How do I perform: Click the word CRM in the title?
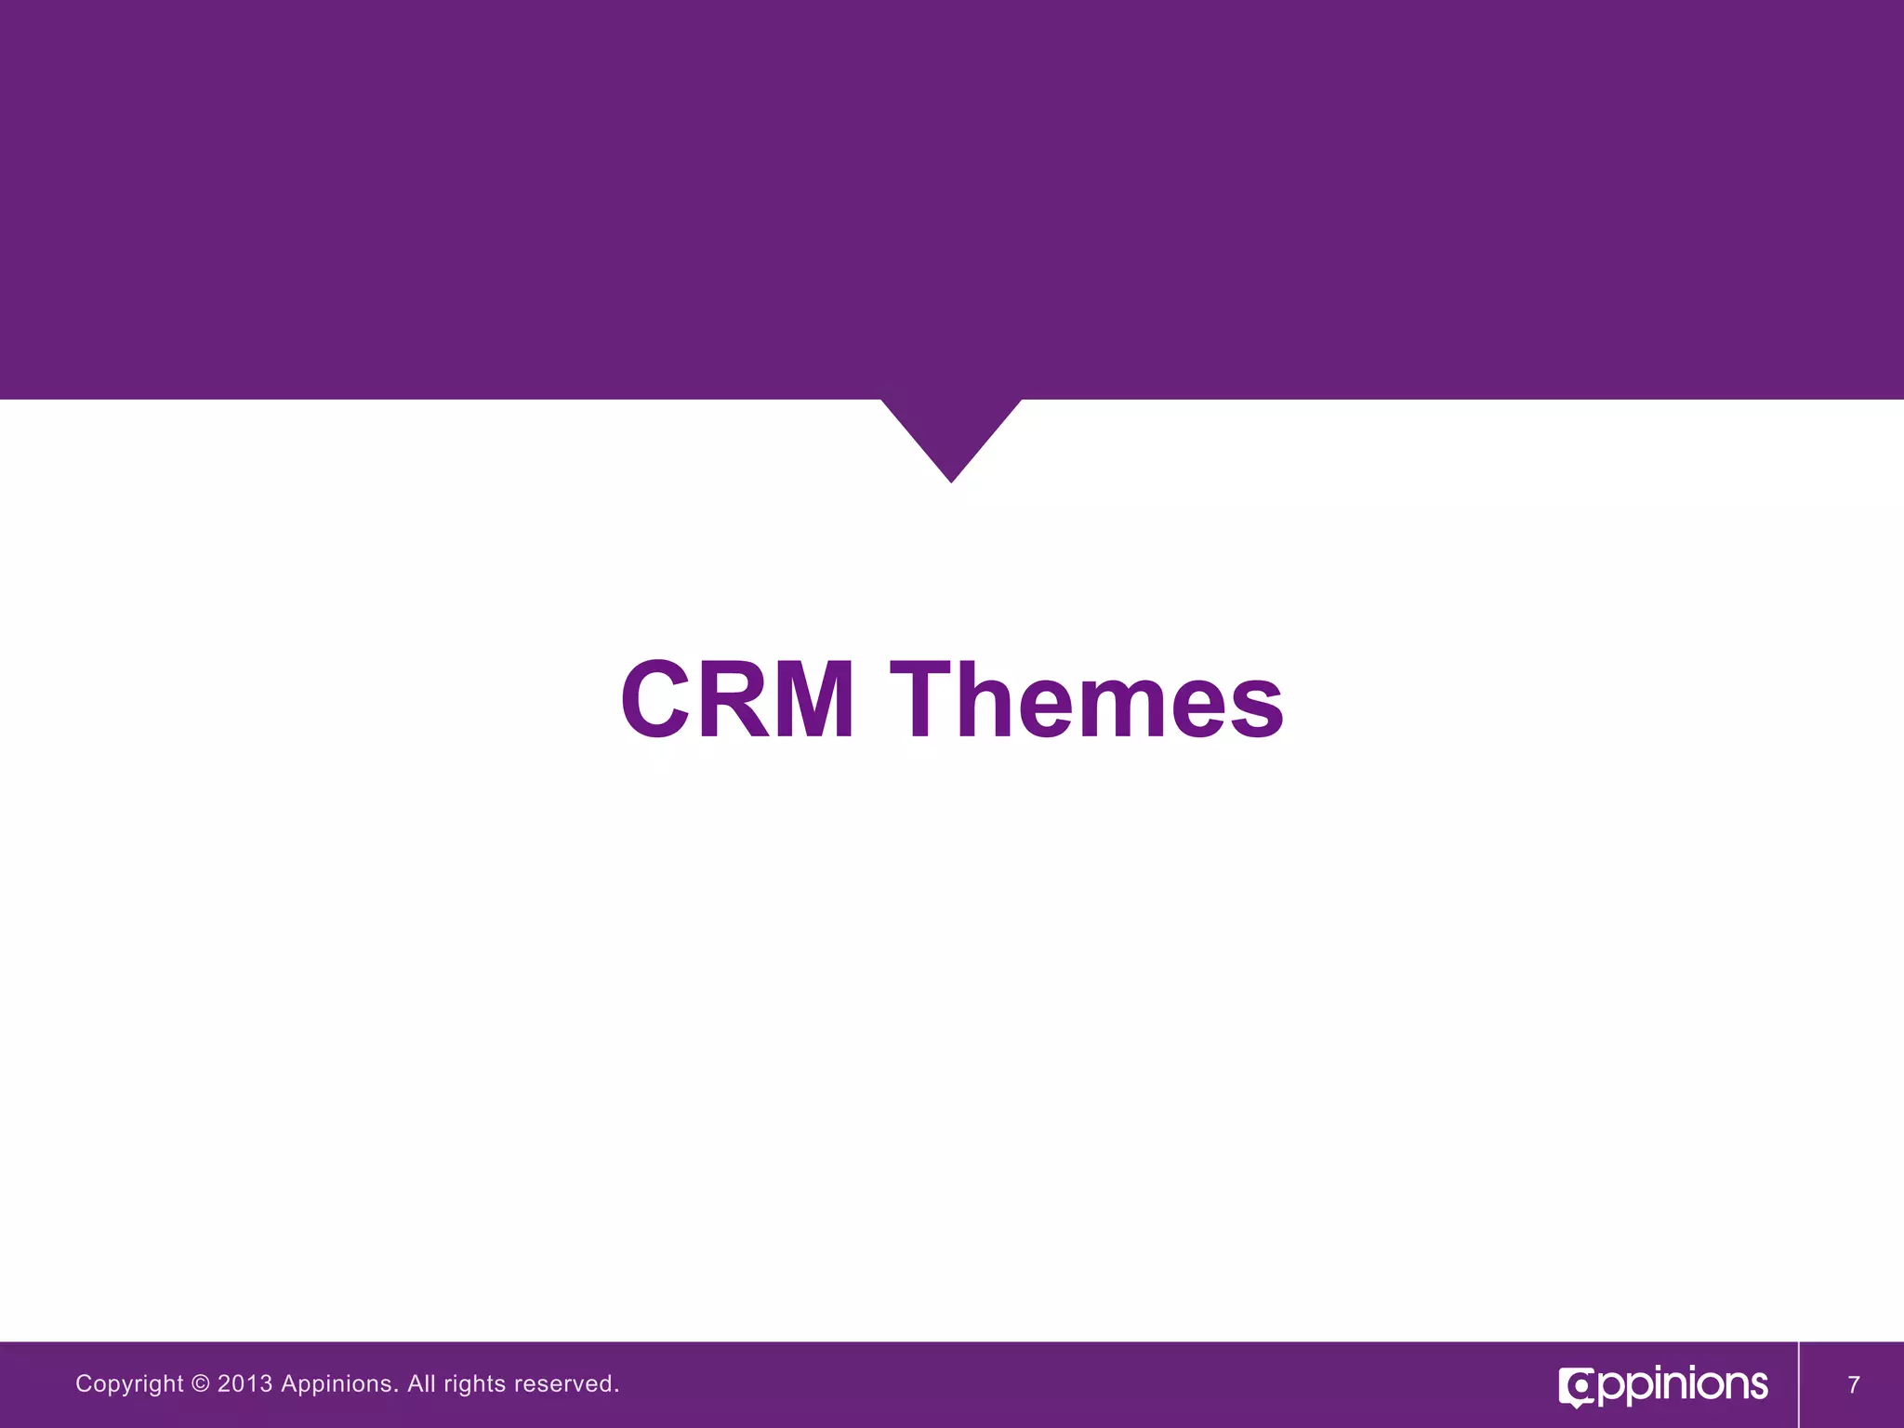coord(737,699)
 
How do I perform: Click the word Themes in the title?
coord(1087,699)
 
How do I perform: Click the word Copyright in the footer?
coord(129,1384)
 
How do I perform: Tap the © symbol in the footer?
coord(200,1383)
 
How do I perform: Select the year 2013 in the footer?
coord(245,1383)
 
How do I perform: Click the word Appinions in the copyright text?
coord(339,1384)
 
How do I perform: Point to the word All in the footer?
coord(421,1383)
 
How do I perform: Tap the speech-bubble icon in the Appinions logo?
coord(1577,1388)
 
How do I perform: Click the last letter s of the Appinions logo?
coord(1756,1386)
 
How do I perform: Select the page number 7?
coord(1854,1385)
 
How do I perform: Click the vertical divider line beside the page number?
coord(1799,1384)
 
